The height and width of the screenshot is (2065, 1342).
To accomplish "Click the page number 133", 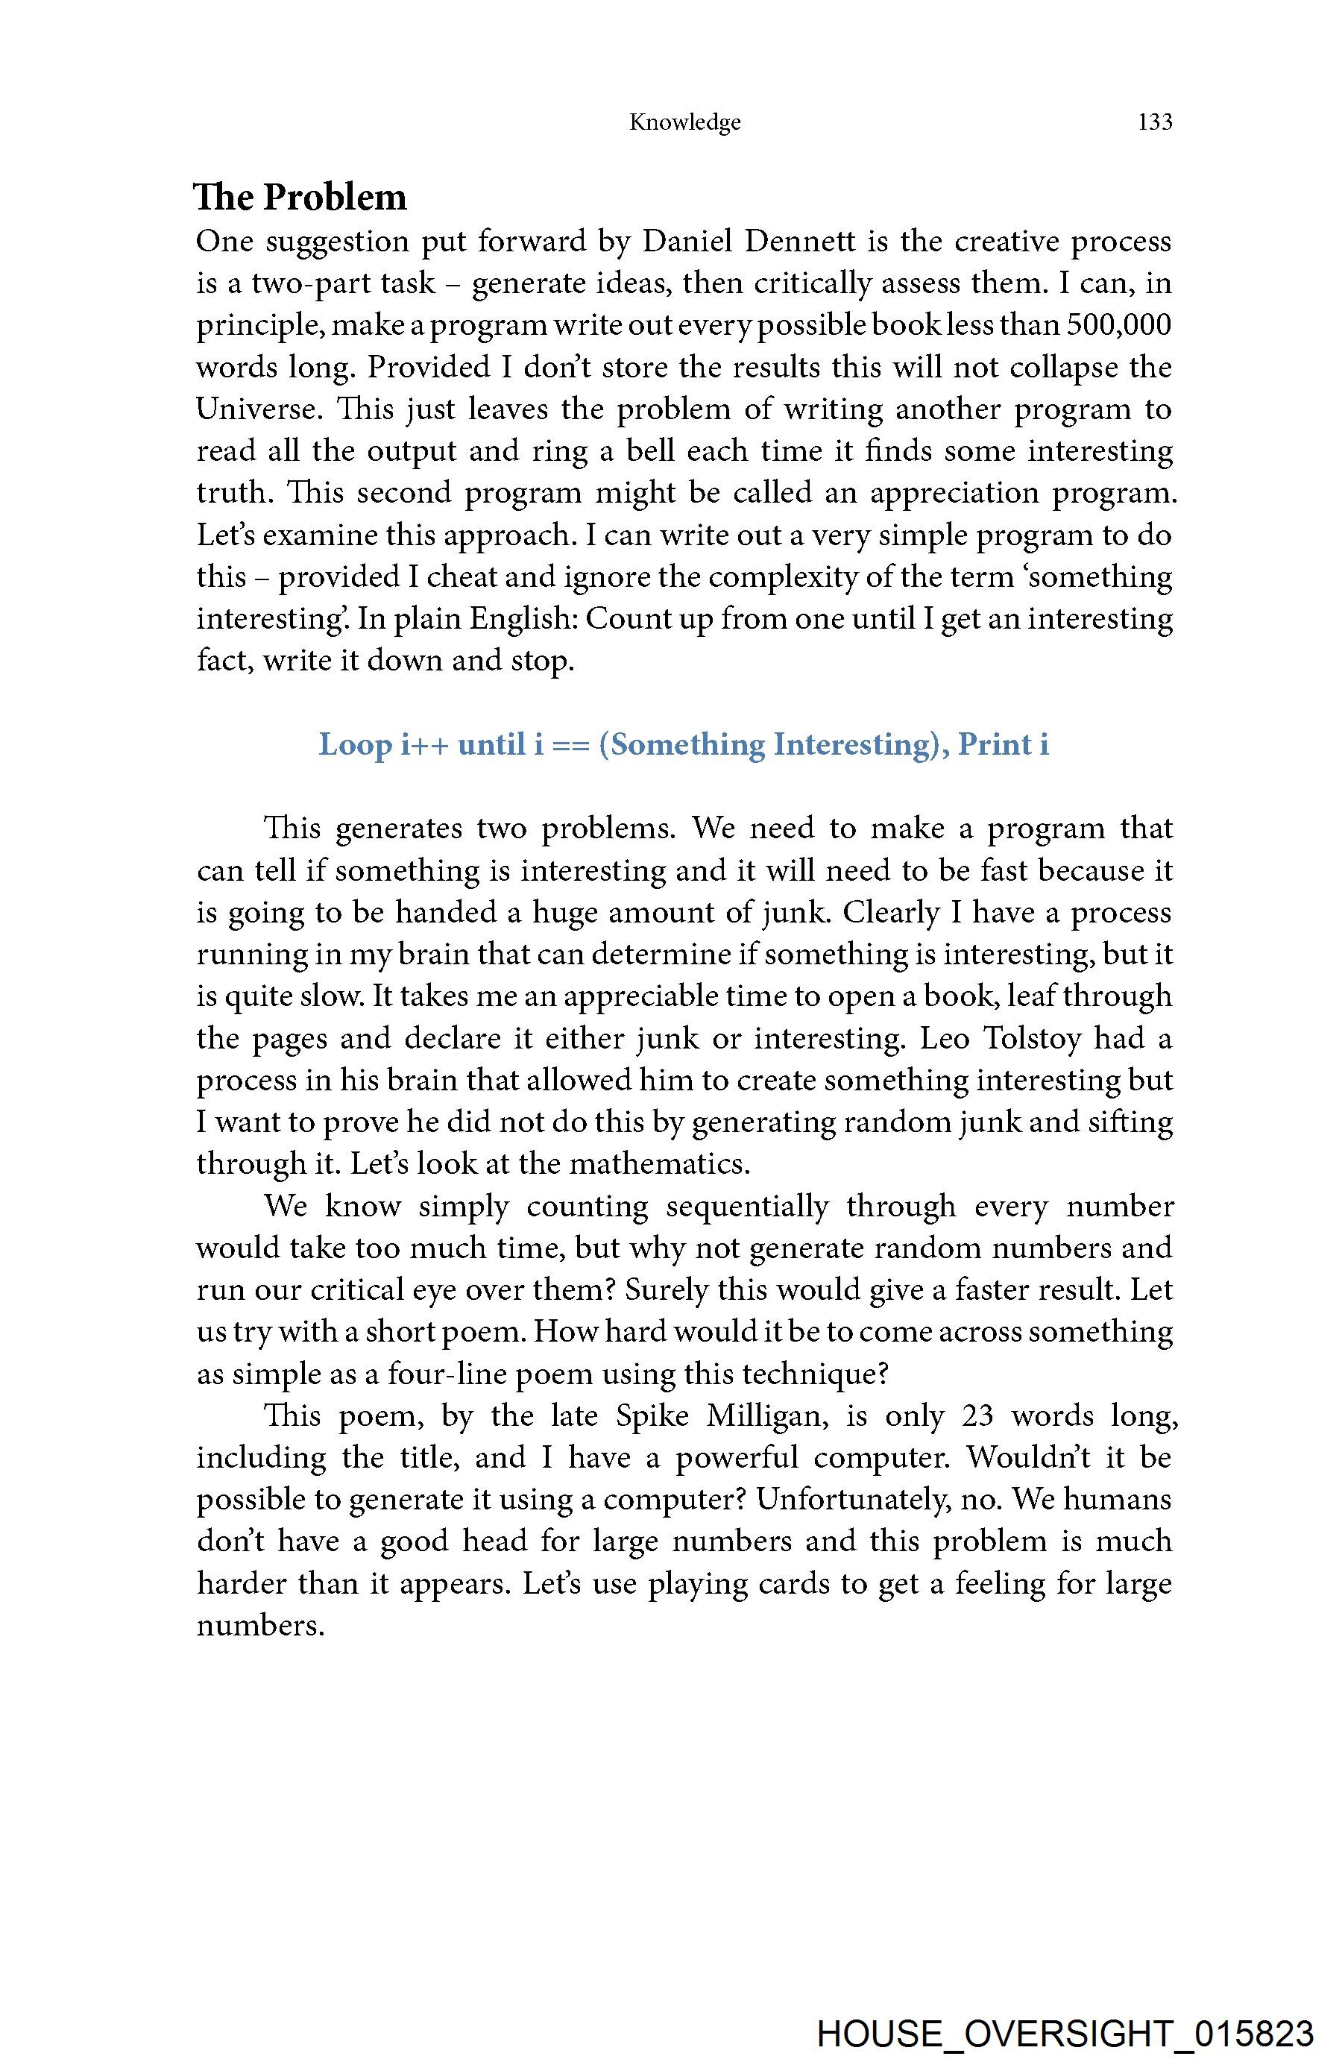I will [1155, 122].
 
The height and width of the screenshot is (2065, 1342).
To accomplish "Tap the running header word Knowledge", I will [684, 122].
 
